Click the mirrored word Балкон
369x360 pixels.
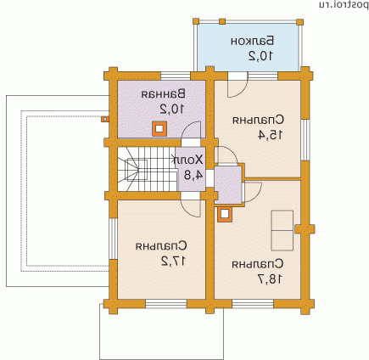(x=252, y=41)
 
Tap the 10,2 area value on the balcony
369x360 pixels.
(x=260, y=56)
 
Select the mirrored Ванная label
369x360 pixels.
(x=164, y=94)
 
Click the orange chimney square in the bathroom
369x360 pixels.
(x=159, y=129)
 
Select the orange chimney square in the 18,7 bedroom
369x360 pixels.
(x=225, y=215)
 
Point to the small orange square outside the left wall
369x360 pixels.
(x=105, y=119)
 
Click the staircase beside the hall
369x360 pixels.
(x=147, y=169)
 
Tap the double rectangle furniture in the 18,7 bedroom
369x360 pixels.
(x=282, y=230)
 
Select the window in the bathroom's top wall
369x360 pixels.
(x=176, y=76)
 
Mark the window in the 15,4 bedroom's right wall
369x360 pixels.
(x=305, y=140)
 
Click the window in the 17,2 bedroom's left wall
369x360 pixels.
(x=113, y=239)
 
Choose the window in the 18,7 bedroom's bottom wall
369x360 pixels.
(x=253, y=304)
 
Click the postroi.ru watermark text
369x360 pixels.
(x=344, y=4)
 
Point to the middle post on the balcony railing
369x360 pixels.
(x=222, y=21)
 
